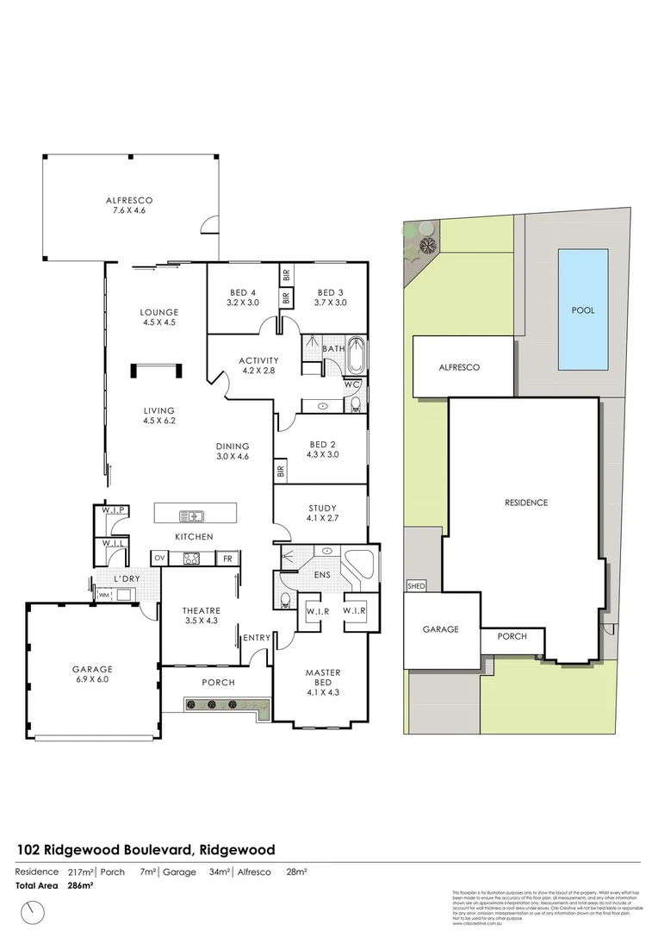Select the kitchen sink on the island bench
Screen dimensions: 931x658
192,516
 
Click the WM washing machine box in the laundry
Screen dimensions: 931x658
104,594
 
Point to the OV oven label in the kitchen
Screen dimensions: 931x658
159,559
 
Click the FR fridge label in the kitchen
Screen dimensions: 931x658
227,559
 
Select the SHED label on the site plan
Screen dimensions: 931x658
416,586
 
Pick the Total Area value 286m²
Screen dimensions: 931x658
79,885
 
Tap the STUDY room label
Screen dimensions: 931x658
322,509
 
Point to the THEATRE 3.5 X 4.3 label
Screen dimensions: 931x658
202,615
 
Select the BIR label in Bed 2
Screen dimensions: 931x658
281,472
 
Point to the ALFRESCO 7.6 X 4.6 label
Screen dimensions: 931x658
130,205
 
